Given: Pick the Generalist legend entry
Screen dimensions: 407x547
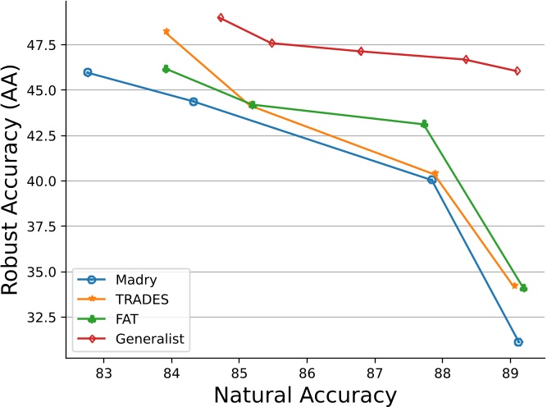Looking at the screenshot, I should tap(143, 338).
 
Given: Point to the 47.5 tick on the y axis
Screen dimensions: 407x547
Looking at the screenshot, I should tap(43, 44).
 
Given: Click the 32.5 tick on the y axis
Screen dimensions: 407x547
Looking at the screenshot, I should tap(43, 317).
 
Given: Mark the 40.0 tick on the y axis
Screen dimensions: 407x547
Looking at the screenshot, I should tap(43, 181).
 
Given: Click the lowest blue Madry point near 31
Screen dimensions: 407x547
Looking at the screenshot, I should tap(518, 341).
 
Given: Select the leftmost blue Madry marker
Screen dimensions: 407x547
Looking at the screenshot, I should tap(88, 72).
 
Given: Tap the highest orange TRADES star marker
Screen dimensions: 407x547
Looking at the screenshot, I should tap(166, 31).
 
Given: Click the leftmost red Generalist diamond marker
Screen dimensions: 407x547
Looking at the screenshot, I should tap(221, 17).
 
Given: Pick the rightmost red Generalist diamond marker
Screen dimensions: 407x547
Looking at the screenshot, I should tap(517, 71).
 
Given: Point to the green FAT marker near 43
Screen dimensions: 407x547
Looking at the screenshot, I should tap(424, 124).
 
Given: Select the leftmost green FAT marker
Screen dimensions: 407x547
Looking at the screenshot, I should tap(166, 69).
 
